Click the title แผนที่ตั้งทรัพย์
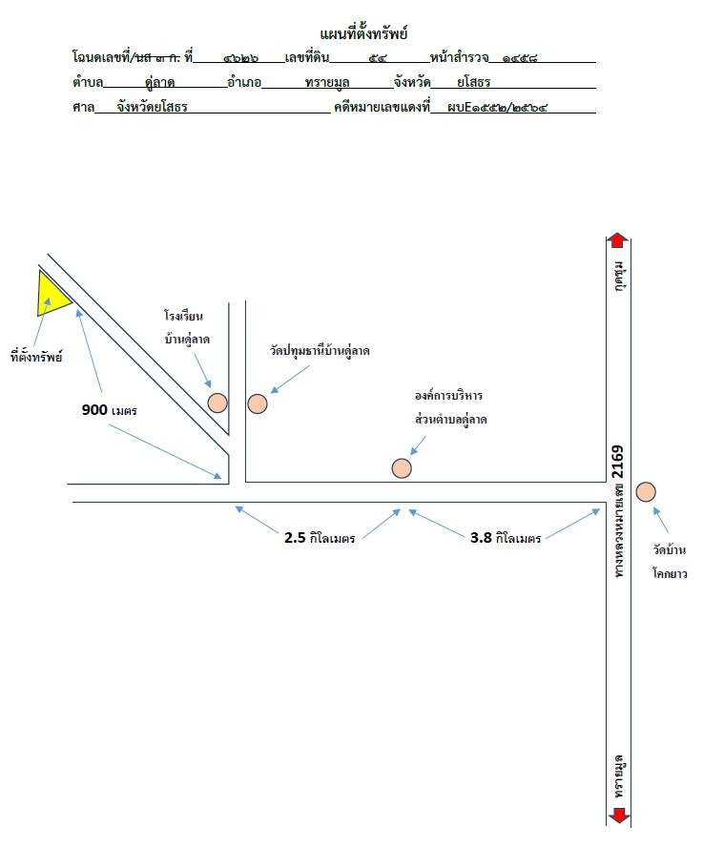click(363, 33)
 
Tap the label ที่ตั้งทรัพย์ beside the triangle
click(36, 357)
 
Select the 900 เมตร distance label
click(110, 409)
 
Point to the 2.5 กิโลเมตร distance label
click(320, 538)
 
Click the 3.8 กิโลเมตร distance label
click(506, 538)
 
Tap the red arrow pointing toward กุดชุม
click(618, 240)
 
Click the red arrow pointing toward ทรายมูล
click(619, 816)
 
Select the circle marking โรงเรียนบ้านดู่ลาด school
click(217, 403)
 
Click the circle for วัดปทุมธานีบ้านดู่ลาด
click(258, 403)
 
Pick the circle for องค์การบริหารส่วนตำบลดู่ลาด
click(402, 468)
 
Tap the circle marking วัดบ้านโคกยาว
click(646, 491)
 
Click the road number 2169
click(618, 462)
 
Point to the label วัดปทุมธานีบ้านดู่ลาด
click(320, 350)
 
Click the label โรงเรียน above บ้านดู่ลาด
click(183, 316)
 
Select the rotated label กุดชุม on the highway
click(619, 276)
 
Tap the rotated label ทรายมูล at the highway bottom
click(619, 776)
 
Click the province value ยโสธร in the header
click(473, 82)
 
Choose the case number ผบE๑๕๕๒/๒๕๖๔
click(497, 107)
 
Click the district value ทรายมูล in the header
click(327, 82)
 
